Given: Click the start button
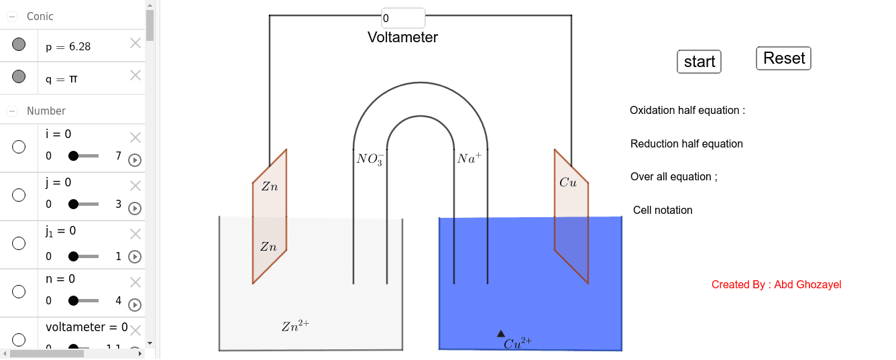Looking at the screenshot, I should tap(699, 62).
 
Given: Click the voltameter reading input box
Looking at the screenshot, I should tap(402, 18).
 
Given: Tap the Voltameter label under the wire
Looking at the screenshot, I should tap(402, 38).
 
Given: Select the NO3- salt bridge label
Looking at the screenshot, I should tap(370, 160).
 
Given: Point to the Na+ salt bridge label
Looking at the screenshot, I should tap(469, 159).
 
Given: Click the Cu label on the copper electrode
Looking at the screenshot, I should tap(567, 182).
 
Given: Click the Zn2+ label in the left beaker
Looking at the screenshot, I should tap(295, 326).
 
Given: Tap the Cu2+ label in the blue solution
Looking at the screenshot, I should tap(518, 343).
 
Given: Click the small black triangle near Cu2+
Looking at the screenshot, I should tap(501, 333).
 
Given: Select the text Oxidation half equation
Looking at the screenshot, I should tap(687, 111).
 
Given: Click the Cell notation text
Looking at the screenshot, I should tap(663, 211).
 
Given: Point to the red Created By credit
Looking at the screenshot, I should tap(776, 285).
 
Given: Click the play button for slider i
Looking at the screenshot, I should tap(134, 160).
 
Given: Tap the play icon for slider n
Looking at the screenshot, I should tap(134, 305).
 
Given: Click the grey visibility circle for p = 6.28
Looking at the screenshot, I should tap(19, 45).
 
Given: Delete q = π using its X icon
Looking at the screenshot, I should tap(135, 75).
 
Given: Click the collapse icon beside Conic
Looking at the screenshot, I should tap(12, 17).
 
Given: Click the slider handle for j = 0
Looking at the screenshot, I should tap(73, 204).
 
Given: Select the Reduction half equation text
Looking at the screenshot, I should tap(687, 144).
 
